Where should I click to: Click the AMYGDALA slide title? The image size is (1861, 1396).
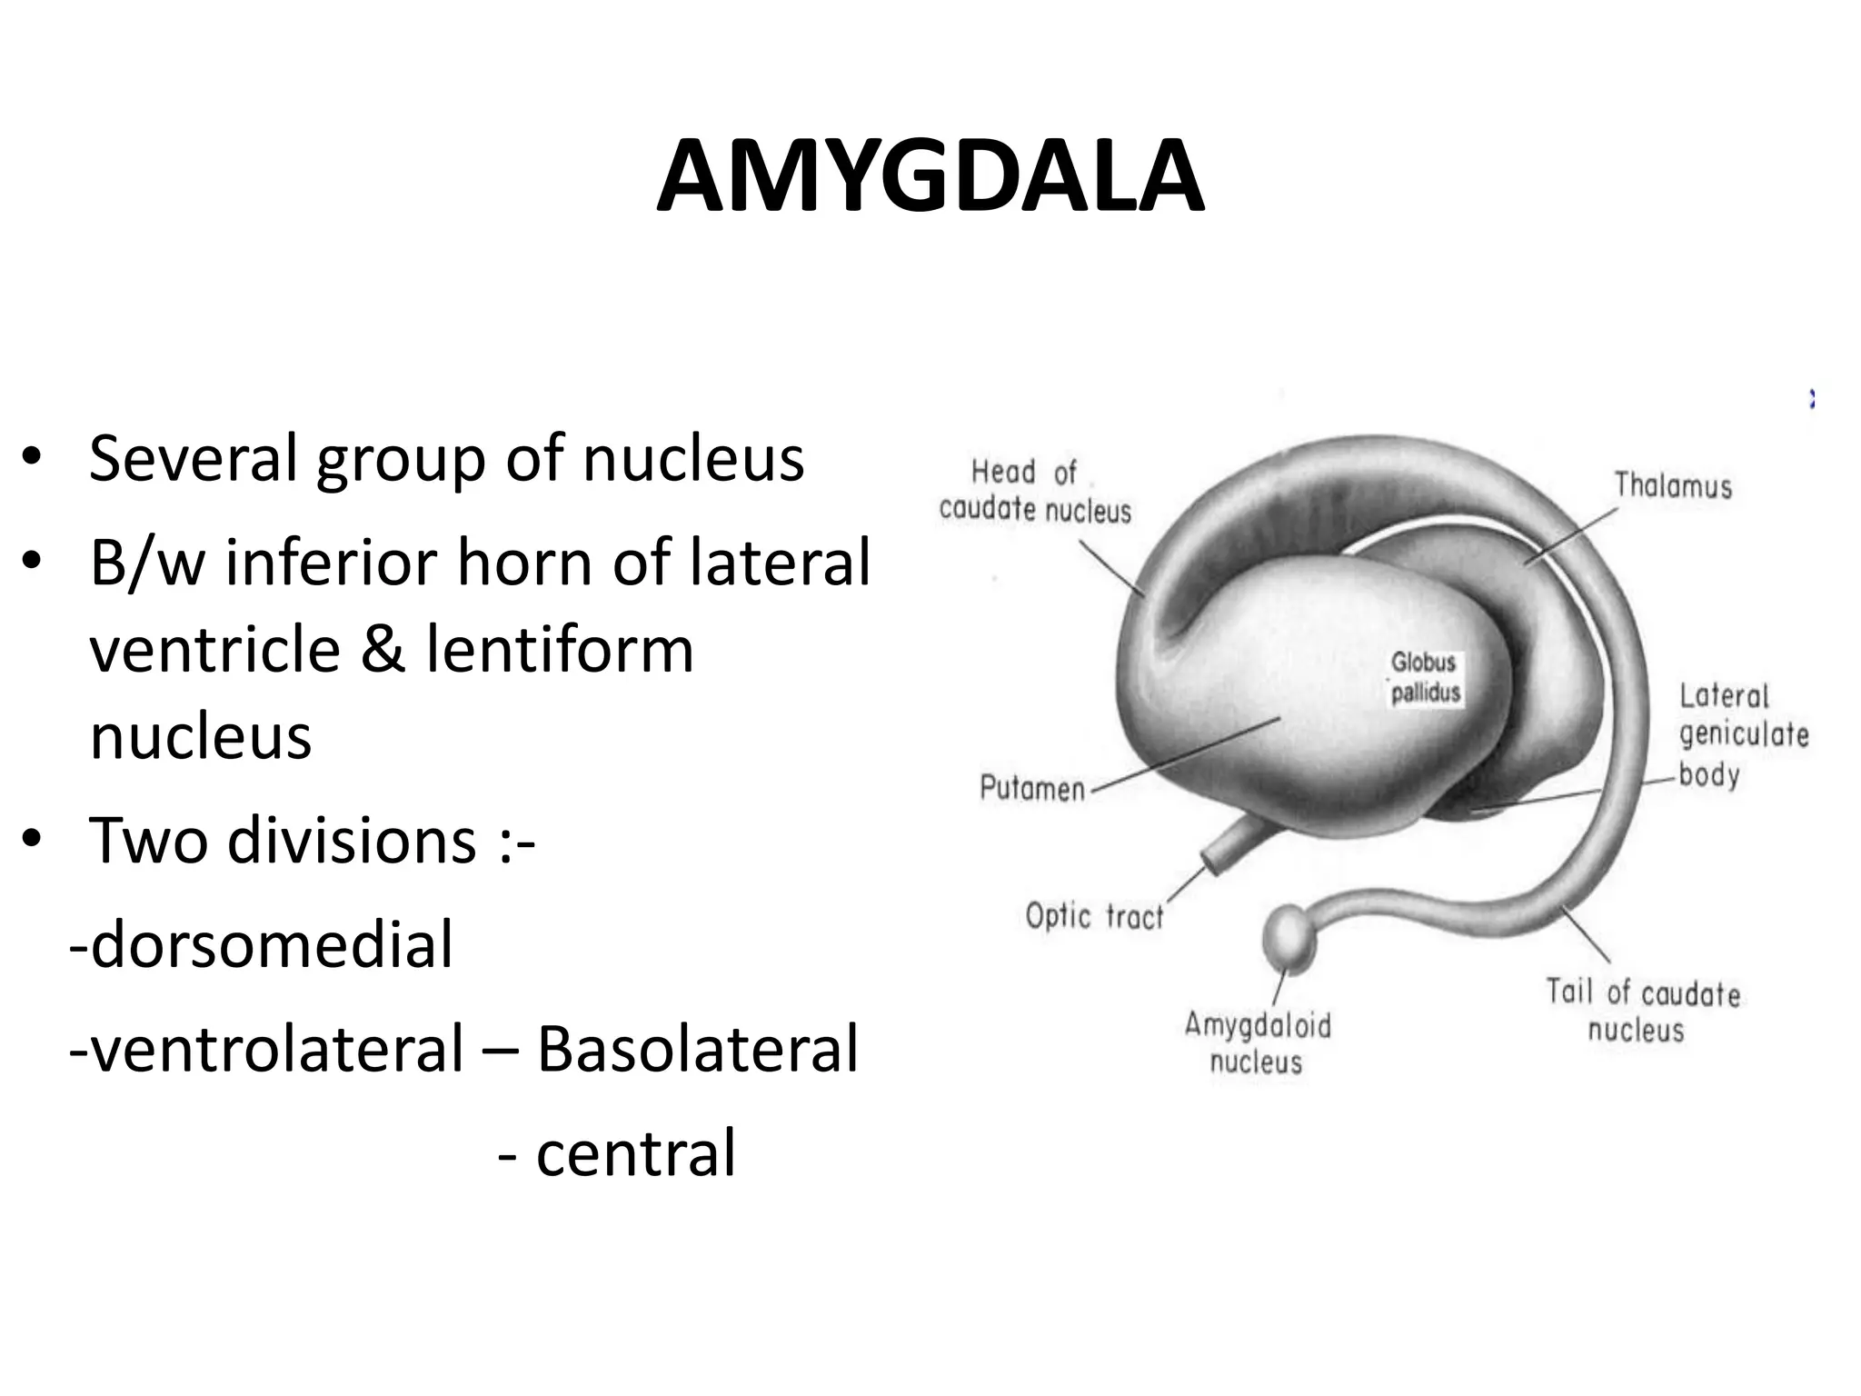tap(930, 177)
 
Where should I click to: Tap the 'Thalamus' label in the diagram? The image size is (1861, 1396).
tap(1673, 485)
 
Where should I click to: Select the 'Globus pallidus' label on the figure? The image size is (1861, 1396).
tap(1425, 678)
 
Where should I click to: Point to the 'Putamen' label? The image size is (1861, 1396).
tap(1032, 788)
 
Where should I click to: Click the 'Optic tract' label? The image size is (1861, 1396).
tap(1094, 916)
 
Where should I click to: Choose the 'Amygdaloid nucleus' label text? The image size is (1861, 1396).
tap(1258, 1043)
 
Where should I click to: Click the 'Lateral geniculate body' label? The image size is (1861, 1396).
tap(1743, 734)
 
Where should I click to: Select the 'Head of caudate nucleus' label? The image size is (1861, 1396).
tap(1035, 492)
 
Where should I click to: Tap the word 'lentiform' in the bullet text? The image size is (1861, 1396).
tap(560, 649)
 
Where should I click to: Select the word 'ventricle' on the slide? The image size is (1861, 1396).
tap(215, 649)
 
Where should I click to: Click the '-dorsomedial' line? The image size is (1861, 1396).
tap(262, 944)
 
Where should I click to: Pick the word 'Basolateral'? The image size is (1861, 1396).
tap(697, 1049)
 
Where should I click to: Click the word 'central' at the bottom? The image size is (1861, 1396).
tap(635, 1153)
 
